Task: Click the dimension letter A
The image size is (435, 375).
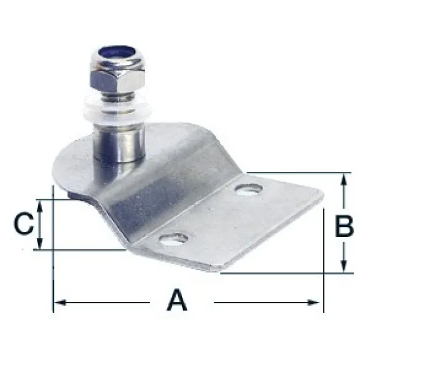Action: tap(177, 300)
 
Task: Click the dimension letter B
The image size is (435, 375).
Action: tap(344, 226)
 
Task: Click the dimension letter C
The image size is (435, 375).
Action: tap(24, 224)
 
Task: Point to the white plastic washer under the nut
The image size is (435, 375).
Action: tap(117, 110)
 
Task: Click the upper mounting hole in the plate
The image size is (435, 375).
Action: tap(249, 189)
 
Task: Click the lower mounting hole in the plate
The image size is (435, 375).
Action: tap(174, 239)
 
